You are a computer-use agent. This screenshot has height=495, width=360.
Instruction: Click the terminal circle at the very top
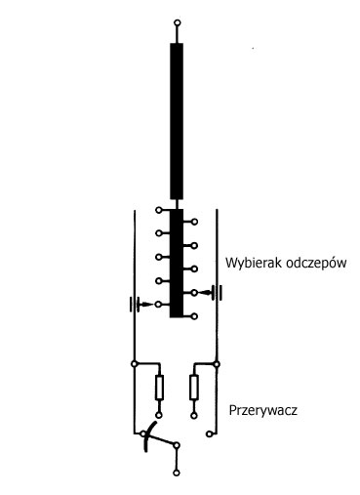176,21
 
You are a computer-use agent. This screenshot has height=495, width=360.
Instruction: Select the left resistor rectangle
160,388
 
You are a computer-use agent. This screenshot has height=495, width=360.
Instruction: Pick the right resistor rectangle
192,388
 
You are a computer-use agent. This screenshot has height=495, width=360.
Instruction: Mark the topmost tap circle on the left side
158,209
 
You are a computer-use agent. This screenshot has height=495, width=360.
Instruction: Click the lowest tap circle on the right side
194,314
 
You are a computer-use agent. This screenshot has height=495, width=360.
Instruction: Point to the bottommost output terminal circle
176,474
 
